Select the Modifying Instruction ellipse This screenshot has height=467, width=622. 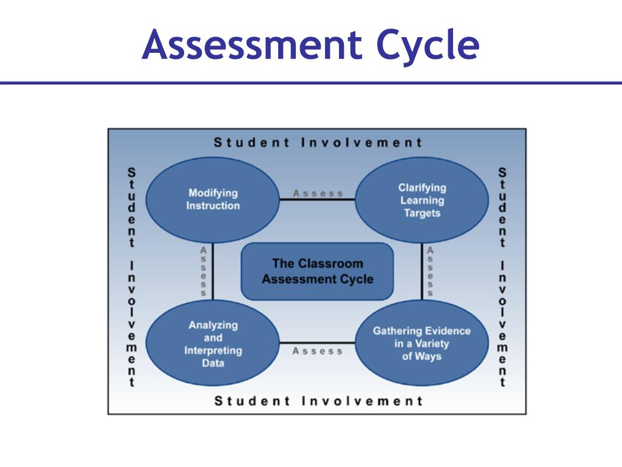213,199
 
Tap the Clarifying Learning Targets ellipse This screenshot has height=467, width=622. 422,200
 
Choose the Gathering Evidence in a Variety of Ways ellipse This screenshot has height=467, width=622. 422,344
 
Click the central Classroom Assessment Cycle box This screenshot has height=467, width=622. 317,271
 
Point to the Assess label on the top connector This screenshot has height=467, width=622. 318,193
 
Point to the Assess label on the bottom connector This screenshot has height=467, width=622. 318,351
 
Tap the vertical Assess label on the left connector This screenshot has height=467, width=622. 203,271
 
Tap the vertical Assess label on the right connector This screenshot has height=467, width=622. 430,271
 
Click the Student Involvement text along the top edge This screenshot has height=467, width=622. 318,143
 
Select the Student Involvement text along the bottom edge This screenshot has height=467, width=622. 318,401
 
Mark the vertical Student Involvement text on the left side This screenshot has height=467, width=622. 131,277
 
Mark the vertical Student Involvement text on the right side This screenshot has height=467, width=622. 502,277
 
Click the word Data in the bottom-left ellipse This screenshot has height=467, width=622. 213,363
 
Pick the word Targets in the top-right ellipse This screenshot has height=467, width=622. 422,213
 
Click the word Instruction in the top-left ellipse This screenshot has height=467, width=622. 213,206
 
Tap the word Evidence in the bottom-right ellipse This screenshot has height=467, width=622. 447,331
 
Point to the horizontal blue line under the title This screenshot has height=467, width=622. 311,83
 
